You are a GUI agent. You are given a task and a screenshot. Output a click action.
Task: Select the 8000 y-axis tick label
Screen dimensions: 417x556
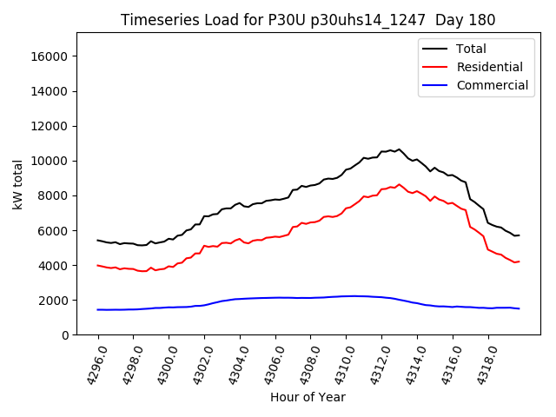click(x=54, y=195)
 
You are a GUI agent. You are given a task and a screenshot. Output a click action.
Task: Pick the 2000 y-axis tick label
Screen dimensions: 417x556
click(x=54, y=300)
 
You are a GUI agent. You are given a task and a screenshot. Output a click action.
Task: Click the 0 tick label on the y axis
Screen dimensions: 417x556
click(x=65, y=334)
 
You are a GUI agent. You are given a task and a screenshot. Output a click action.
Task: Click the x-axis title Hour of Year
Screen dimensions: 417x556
click(x=308, y=397)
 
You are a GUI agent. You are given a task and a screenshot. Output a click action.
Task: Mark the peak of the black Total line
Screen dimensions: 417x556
click(x=399, y=149)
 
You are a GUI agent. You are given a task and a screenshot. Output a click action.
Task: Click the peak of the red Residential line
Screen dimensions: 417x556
click(x=399, y=184)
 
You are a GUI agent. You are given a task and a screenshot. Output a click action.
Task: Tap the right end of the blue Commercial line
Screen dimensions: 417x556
click(x=519, y=308)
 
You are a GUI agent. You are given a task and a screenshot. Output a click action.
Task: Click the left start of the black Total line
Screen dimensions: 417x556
click(x=98, y=241)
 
